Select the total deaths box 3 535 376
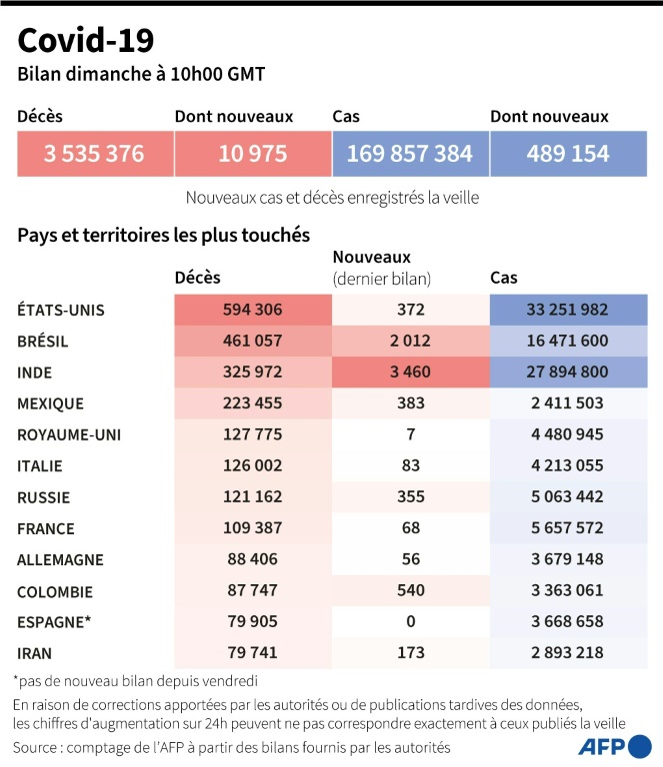coord(94,154)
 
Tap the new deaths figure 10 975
coord(252,154)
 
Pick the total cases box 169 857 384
coord(410,154)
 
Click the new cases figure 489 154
coord(567,154)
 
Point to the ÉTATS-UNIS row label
coord(61,310)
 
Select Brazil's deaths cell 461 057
coord(252,341)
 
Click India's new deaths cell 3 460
coord(410,373)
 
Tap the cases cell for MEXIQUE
coord(567,403)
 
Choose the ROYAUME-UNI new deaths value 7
coord(410,434)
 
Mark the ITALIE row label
coord(40,465)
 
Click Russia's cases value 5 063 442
coord(567,497)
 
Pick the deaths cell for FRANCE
coord(252,528)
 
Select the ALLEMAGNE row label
coord(60,559)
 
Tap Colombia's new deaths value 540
coord(410,590)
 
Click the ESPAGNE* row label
coord(54,621)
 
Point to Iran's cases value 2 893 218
coord(567,652)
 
